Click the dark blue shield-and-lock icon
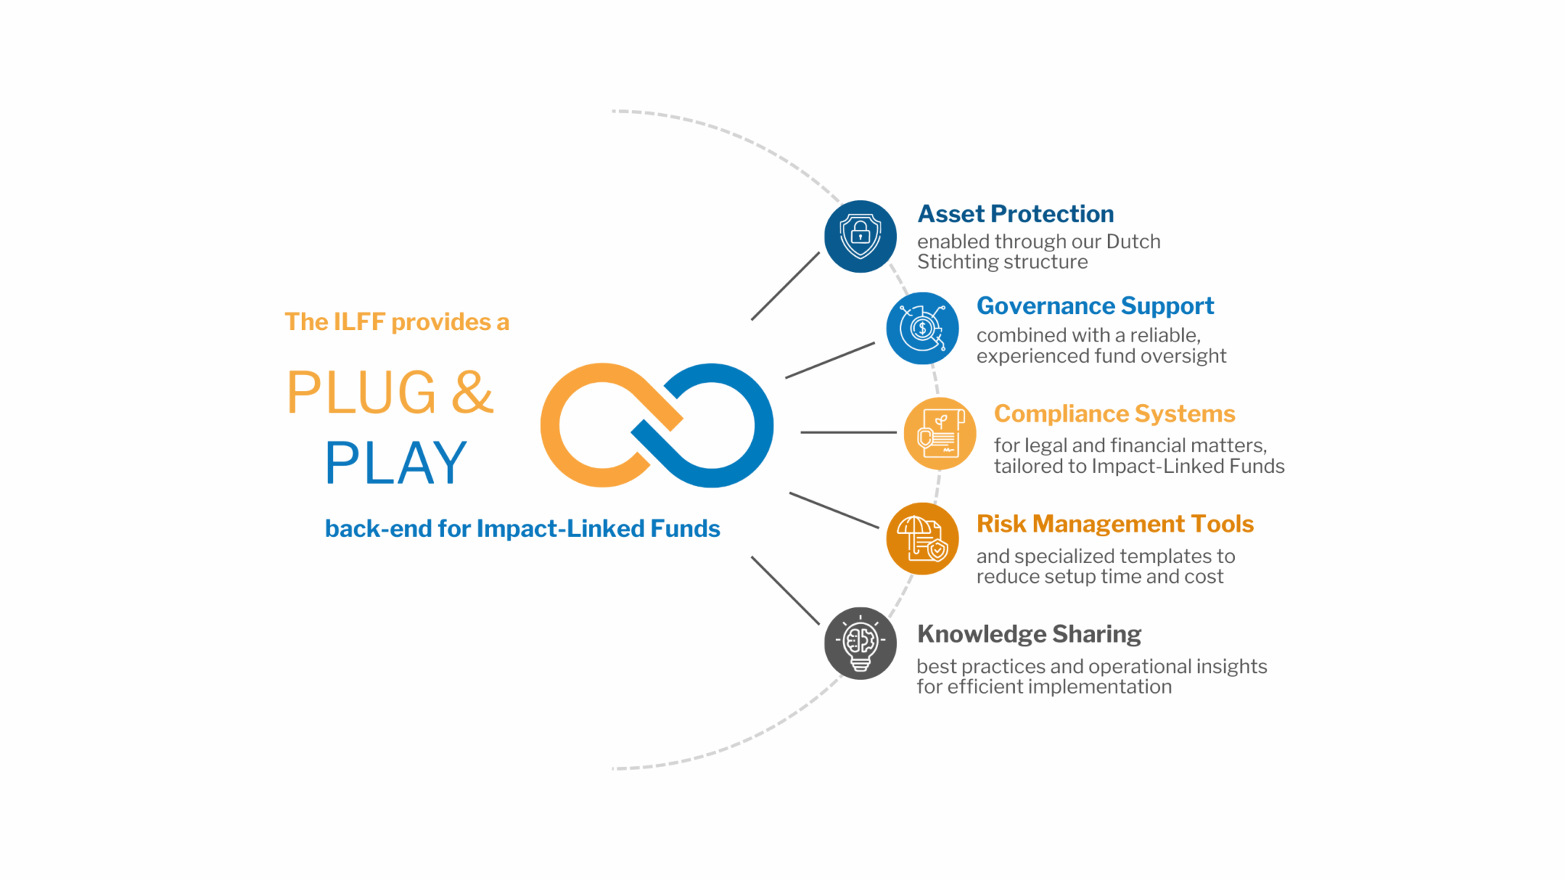coord(860,236)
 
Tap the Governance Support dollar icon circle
coord(922,328)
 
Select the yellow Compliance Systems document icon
coord(940,433)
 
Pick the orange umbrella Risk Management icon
coord(922,539)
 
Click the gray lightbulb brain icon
coord(860,643)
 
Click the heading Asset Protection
coord(1016,214)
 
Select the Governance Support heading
coord(1095,306)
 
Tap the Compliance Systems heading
coord(1114,414)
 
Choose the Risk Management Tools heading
coord(1115,524)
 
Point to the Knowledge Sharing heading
coord(1029,634)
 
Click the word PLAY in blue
coord(396,463)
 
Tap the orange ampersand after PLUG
coord(472,393)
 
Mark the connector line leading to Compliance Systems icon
coord(848,432)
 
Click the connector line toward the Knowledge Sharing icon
coord(786,590)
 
